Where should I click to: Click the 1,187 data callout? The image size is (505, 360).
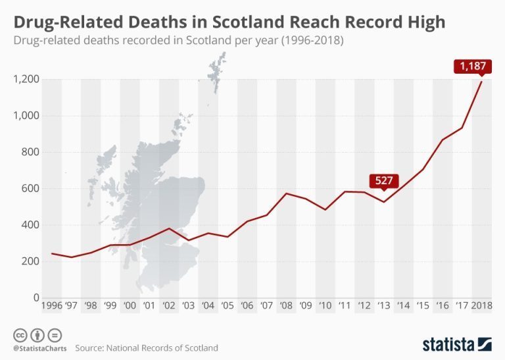(471, 66)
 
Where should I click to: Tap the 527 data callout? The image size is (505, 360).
(383, 180)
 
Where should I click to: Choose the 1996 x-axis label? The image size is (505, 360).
(53, 306)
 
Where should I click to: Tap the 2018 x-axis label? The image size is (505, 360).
(482, 306)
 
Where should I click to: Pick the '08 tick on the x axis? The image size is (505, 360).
(286, 306)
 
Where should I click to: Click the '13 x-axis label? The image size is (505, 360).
(383, 306)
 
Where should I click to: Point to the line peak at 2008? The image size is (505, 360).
(286, 193)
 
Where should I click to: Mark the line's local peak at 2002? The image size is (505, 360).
(170, 228)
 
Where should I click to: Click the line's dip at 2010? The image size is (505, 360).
(325, 209)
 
